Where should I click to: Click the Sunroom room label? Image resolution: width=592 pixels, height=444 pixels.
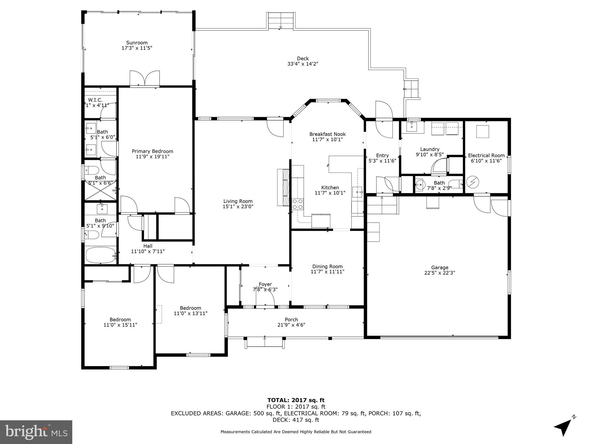[137, 43]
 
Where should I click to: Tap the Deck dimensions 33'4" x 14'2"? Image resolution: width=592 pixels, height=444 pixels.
[303, 64]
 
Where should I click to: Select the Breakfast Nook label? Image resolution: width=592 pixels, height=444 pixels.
[327, 134]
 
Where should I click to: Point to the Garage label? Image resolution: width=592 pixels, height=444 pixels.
[439, 268]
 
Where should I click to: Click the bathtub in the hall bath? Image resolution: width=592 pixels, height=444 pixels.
[101, 255]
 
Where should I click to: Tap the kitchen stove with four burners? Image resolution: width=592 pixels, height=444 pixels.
[298, 204]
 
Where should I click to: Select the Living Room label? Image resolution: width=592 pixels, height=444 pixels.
[238, 201]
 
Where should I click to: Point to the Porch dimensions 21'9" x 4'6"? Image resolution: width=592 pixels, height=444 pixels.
[291, 325]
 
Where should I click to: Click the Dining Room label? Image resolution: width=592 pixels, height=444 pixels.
[327, 267]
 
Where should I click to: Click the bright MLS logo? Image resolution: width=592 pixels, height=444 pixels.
[36, 432]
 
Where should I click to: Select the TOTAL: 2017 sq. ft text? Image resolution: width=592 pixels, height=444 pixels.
[296, 400]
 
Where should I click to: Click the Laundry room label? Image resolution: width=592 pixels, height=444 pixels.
[430, 149]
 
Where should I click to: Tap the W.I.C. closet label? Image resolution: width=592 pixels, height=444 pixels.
[95, 100]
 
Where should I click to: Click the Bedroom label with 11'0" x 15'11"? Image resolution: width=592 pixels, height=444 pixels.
[120, 320]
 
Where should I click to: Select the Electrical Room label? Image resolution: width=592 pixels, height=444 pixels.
[486, 156]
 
